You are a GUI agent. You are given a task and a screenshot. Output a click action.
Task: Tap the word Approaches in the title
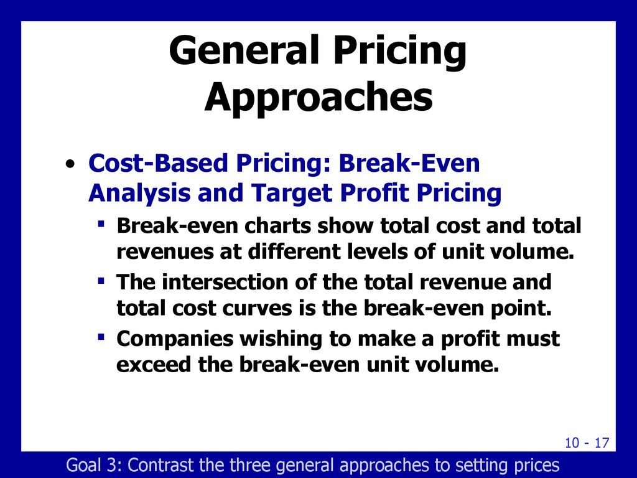point(318,98)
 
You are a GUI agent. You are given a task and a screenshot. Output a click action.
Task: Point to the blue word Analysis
point(139,193)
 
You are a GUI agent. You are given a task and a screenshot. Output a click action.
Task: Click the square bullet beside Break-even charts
point(101,224)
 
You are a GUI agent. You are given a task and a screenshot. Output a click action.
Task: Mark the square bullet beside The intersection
point(101,281)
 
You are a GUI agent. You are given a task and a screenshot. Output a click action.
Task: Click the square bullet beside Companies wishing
point(101,337)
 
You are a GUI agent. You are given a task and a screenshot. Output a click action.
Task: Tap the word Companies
point(175,339)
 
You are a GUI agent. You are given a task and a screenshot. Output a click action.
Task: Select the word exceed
point(154,365)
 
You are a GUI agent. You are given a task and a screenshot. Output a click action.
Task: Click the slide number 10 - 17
point(587,443)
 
